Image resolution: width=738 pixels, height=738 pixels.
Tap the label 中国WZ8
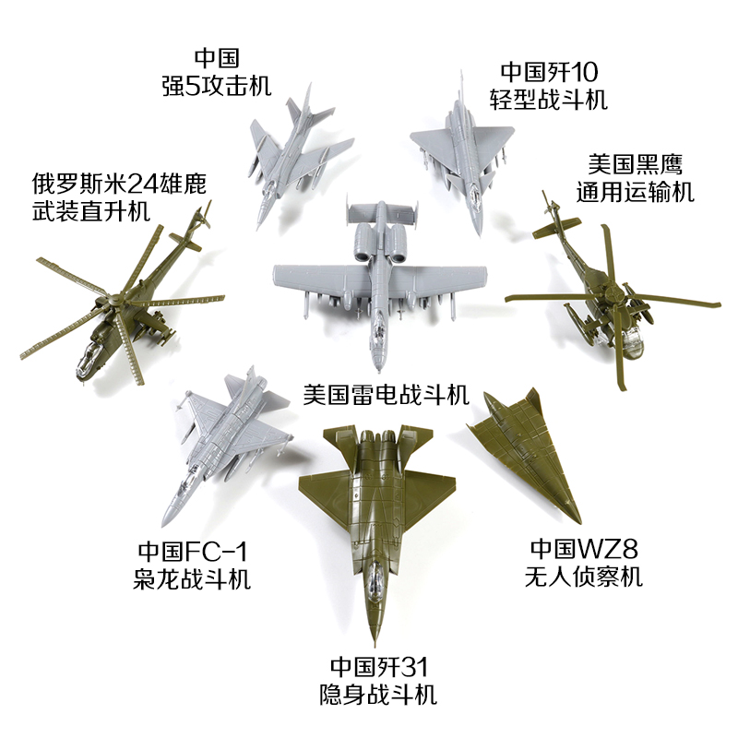pos(585,551)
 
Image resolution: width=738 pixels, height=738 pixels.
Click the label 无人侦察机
pos(586,577)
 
